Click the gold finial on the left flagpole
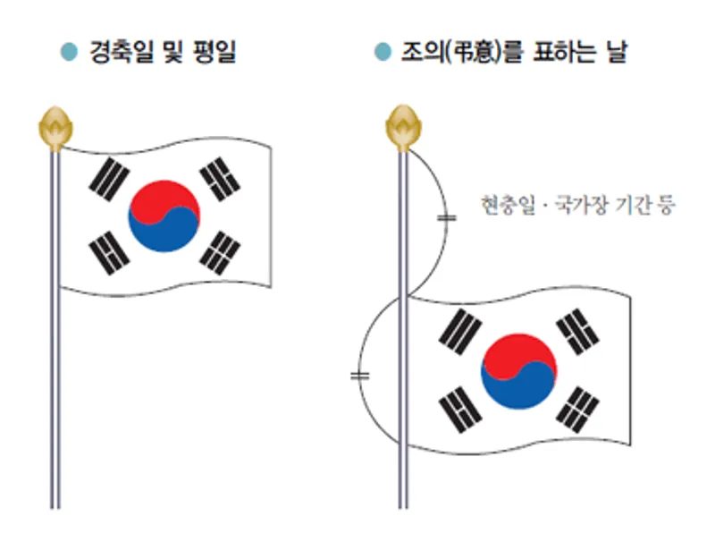point(55,128)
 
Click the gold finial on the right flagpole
point(403,127)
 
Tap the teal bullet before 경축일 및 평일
point(70,52)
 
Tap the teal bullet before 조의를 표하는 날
point(383,52)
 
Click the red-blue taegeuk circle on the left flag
point(164,216)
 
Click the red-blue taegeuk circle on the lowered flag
point(519,371)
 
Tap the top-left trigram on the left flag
point(109,179)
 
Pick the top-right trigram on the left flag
point(220,179)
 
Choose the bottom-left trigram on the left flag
point(109,253)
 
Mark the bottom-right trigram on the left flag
point(220,253)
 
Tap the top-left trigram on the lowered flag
point(460,332)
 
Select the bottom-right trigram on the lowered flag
point(577,410)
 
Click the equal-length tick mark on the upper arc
point(447,217)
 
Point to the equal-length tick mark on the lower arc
point(360,376)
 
